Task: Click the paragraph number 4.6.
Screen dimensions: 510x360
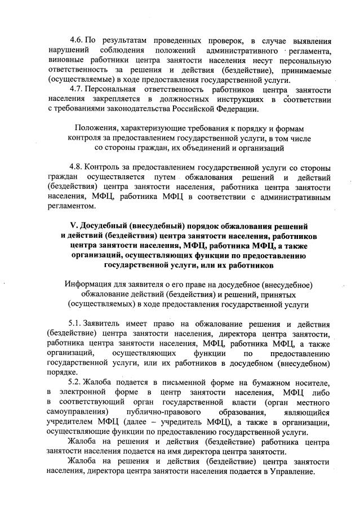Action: [x=77, y=41]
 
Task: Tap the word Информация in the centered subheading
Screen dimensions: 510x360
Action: [x=91, y=285]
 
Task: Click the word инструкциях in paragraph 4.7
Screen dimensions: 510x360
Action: [x=215, y=99]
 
